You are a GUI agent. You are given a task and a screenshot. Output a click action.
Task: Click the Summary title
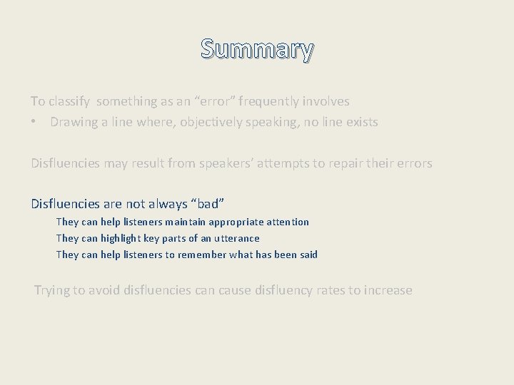click(257, 49)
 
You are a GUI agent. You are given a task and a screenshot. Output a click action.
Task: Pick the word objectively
click(211, 122)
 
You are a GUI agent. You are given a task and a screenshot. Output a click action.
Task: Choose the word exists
click(361, 122)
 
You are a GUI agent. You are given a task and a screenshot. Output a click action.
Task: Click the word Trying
click(53, 290)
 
